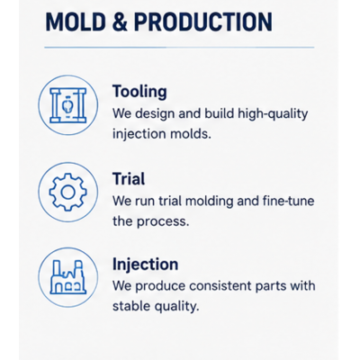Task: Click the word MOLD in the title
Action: point(76,22)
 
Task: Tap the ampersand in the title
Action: point(120,22)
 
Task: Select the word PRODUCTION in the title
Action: point(203,22)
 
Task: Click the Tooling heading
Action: point(139,92)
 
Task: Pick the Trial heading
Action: point(129,179)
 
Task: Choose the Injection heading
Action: point(145,265)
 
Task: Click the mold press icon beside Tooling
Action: point(68,105)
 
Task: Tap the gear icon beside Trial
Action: point(67,192)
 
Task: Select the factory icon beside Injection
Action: point(67,277)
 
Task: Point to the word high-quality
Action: point(273,114)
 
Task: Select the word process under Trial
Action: point(163,222)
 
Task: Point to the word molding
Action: point(209,202)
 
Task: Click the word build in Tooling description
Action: point(219,113)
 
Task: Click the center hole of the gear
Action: point(67,192)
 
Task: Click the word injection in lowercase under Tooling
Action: point(139,134)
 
